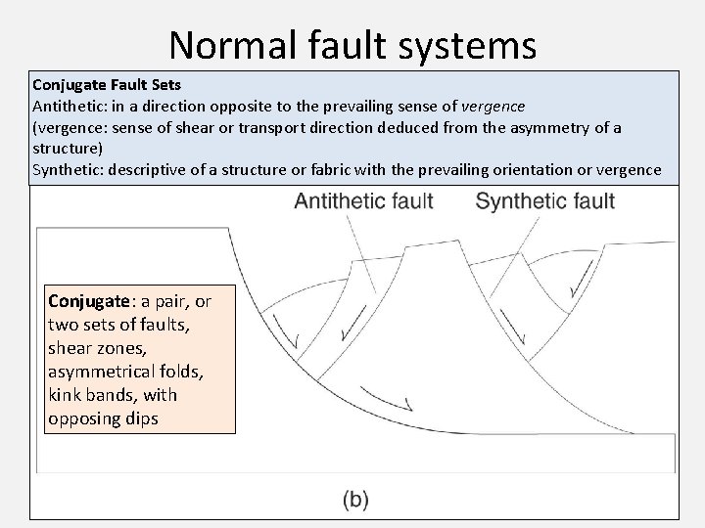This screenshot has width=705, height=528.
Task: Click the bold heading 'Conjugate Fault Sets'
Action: [x=106, y=85]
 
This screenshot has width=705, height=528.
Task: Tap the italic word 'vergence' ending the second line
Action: [x=493, y=106]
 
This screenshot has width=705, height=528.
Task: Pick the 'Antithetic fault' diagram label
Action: [x=364, y=202]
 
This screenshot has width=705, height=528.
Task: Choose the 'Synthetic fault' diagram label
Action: [x=544, y=202]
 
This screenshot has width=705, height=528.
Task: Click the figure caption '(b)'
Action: [x=355, y=500]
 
